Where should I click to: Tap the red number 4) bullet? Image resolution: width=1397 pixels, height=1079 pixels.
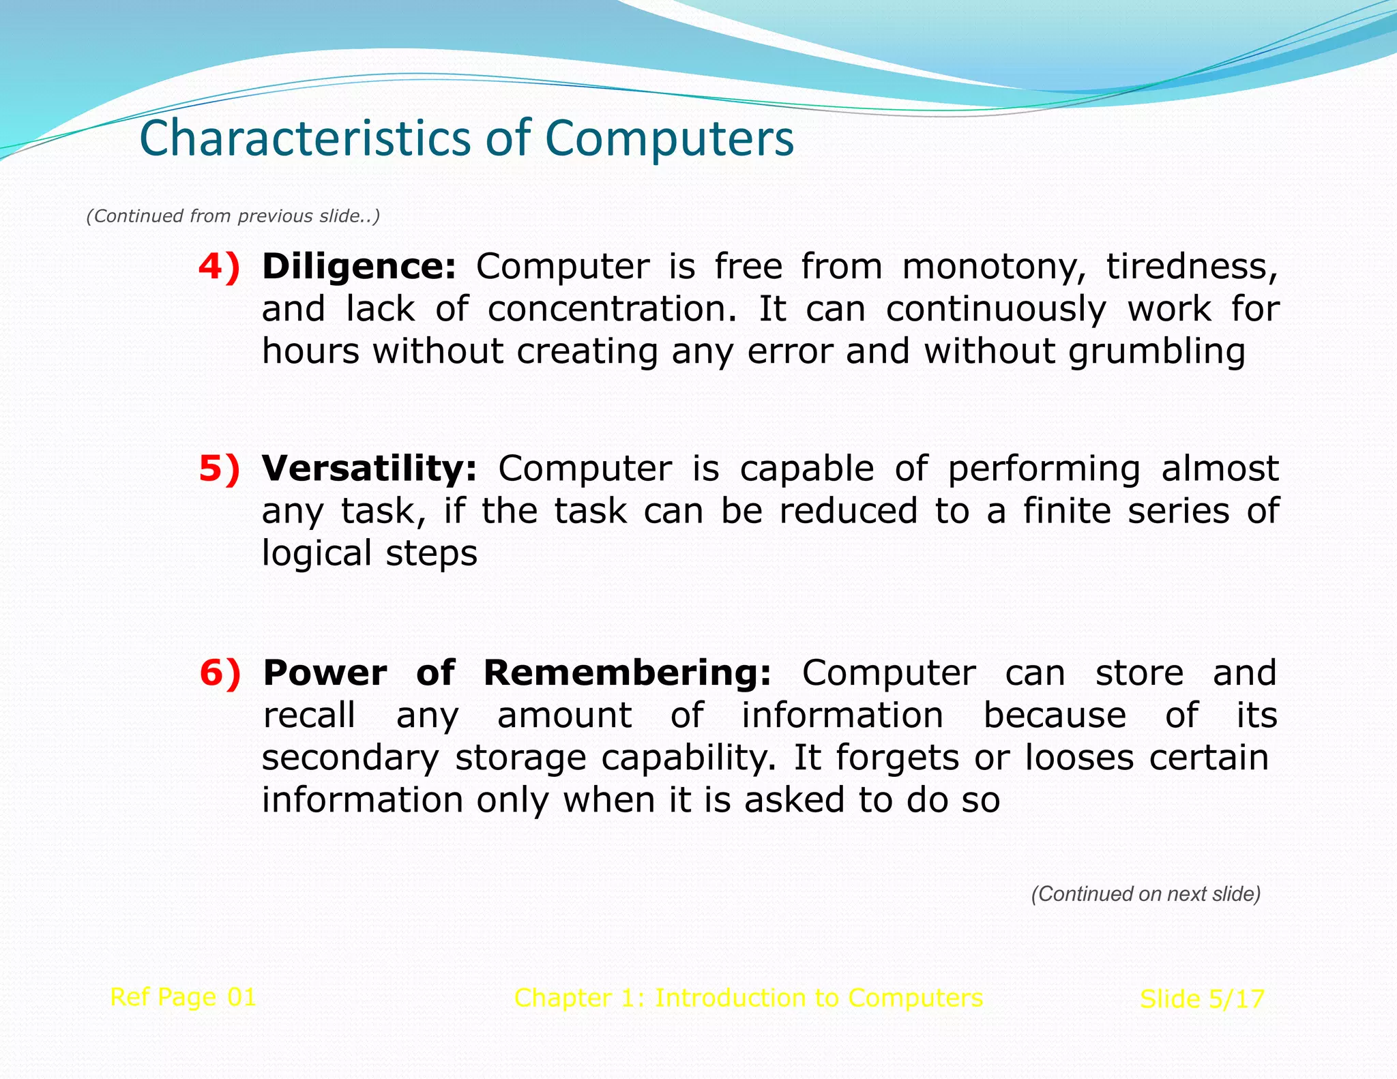click(x=219, y=267)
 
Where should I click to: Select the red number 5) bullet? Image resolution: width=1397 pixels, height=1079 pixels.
click(x=219, y=469)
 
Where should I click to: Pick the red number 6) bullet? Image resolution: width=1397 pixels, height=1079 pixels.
click(x=220, y=673)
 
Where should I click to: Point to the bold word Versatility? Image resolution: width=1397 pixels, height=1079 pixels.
click(x=369, y=469)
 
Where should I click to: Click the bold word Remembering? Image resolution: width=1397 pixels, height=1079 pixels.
click(x=627, y=673)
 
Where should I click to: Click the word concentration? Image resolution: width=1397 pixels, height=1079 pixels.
click(x=612, y=310)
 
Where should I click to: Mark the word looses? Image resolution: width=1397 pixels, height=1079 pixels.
click(x=1079, y=758)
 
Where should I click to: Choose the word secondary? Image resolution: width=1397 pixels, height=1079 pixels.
click(x=351, y=758)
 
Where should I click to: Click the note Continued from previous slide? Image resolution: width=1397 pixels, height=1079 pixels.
click(x=233, y=216)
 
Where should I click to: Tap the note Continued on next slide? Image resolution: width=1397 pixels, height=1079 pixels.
click(x=1145, y=894)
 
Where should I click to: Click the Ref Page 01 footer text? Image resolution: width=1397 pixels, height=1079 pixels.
click(x=183, y=997)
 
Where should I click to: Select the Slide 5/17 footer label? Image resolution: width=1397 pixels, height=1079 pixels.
click(x=1202, y=999)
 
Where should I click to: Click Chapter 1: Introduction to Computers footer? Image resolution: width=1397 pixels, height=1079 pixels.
click(x=748, y=998)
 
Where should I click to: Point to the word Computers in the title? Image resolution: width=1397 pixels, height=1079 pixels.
click(x=669, y=138)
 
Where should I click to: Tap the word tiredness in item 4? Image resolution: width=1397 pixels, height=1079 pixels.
click(x=1191, y=267)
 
